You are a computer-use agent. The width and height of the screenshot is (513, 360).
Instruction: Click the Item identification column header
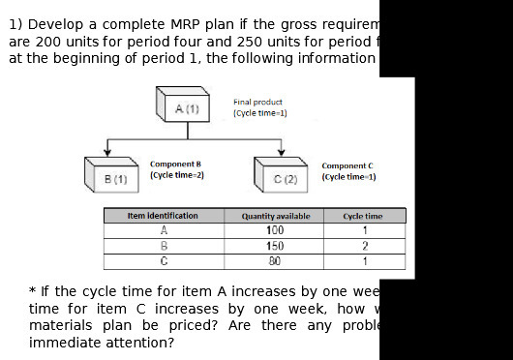163,216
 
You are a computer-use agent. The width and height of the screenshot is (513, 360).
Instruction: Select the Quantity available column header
276,216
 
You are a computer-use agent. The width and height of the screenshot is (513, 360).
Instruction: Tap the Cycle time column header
363,216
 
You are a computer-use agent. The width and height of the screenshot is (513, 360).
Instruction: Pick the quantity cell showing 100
275,230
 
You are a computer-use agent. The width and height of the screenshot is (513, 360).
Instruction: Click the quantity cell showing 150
275,246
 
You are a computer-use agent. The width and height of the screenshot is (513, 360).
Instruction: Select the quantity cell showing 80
275,260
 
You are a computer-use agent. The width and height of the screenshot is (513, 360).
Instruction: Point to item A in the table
164,230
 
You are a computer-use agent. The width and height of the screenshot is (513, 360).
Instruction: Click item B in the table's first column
164,246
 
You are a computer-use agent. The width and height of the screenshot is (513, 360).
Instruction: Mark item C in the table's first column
164,260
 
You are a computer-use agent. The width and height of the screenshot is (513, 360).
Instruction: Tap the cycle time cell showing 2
364,246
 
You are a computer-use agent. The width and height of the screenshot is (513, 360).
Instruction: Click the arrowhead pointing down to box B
108,152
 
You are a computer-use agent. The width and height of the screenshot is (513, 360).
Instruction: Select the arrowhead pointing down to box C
281,152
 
